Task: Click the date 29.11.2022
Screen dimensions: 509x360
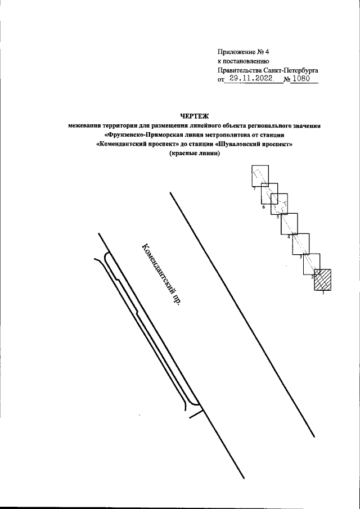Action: (x=249, y=79)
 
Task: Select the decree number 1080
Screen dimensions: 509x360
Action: (x=301, y=79)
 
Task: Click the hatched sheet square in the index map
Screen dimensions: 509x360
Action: (x=323, y=280)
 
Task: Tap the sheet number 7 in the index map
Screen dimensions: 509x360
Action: (x=254, y=189)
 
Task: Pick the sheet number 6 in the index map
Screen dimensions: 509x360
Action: (x=263, y=207)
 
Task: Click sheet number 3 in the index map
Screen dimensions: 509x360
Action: (x=300, y=256)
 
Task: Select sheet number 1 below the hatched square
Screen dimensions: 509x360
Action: (x=323, y=294)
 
